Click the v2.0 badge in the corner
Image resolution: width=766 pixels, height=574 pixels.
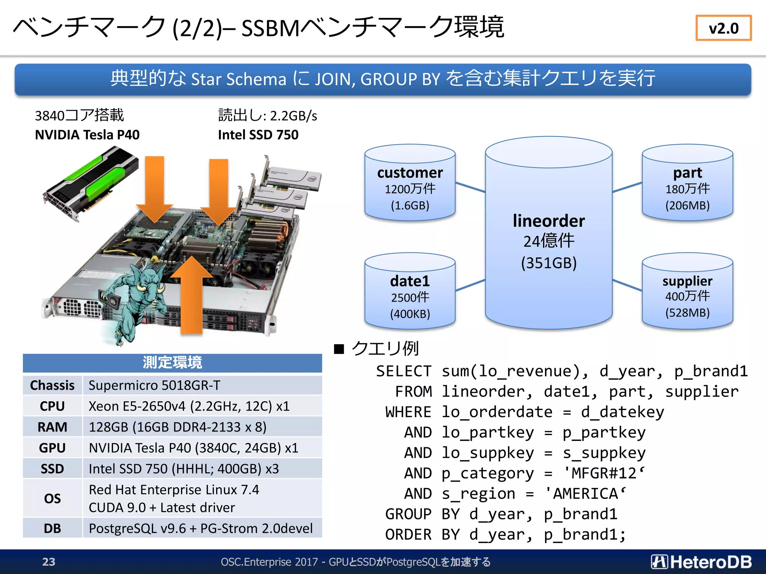tap(723, 28)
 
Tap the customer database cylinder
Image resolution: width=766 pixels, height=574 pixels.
tap(410, 183)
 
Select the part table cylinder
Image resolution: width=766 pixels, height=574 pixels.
tap(687, 183)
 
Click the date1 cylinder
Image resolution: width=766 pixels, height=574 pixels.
tap(410, 291)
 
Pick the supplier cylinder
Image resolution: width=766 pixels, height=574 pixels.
tap(687, 291)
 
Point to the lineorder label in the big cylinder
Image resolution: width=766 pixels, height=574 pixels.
tap(548, 221)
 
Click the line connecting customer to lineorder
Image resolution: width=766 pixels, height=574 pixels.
tap(470, 187)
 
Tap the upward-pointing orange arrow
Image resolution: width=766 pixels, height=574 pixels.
tap(191, 295)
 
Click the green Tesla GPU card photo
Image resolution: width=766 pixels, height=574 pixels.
tap(90, 183)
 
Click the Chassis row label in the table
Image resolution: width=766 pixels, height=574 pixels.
tap(52, 385)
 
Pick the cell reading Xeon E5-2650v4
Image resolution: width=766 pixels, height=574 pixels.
tap(189, 406)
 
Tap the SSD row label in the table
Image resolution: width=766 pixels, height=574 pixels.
tap(52, 469)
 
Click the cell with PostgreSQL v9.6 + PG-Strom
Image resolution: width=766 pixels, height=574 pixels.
tap(200, 528)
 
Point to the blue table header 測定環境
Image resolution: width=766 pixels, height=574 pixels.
tap(172, 362)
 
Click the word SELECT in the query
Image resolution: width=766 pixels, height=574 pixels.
tap(403, 371)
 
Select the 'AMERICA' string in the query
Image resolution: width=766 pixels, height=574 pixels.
tap(585, 494)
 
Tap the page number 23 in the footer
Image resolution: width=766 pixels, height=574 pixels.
tap(49, 562)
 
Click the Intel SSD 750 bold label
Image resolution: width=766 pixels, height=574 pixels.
tap(258, 135)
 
